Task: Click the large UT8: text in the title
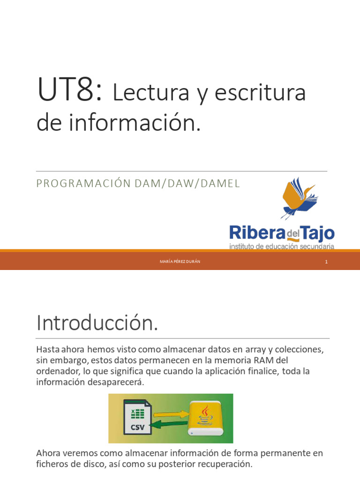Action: point(70,91)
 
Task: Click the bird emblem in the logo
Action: point(298,197)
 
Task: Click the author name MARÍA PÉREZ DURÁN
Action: point(180,262)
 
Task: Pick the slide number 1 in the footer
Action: point(326,262)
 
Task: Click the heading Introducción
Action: point(97,324)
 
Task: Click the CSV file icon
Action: point(137,417)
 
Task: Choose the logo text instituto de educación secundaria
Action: point(282,246)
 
